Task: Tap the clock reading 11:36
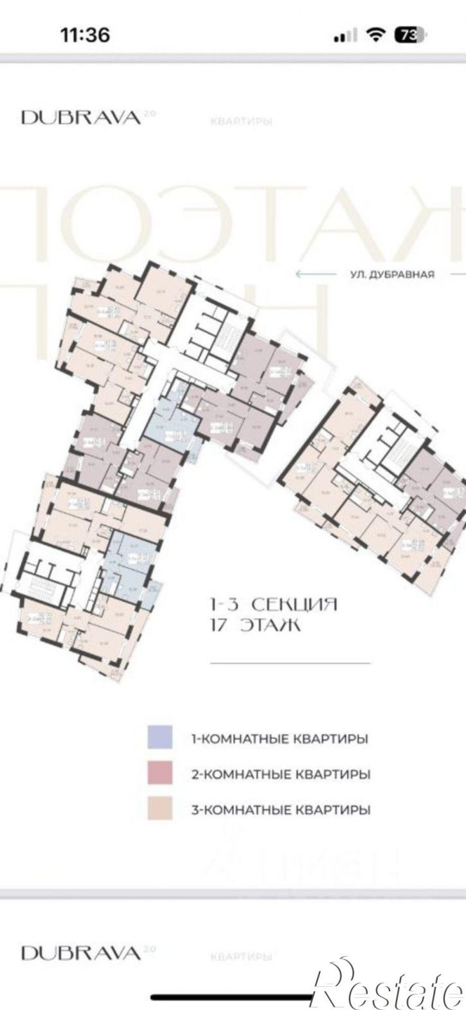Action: click(85, 34)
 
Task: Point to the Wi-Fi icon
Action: click(375, 35)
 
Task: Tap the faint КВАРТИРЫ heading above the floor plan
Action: click(238, 121)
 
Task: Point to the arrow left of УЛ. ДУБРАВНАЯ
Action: click(316, 274)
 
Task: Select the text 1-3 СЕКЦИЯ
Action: click(273, 605)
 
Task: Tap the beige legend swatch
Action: click(159, 809)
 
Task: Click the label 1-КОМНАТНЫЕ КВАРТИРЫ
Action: click(280, 739)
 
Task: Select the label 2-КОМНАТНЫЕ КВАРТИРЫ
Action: click(281, 774)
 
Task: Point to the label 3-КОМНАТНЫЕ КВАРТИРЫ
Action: click(281, 810)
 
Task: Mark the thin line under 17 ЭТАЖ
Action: click(290, 662)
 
